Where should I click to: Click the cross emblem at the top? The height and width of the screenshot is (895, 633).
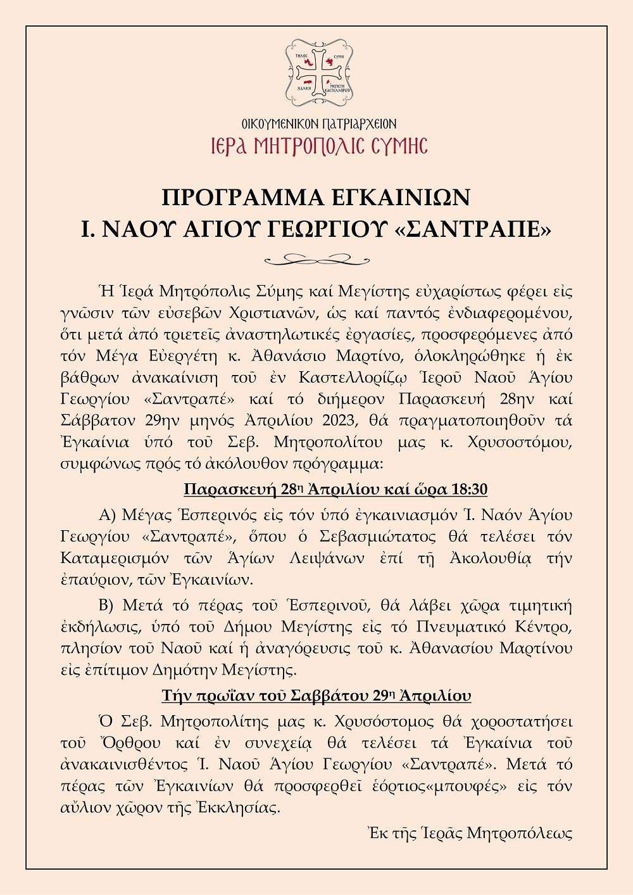click(x=318, y=72)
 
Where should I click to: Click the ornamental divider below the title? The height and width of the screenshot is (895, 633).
click(x=316, y=259)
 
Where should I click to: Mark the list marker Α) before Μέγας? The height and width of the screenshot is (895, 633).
click(x=108, y=515)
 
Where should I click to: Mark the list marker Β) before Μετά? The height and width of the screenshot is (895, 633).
click(x=107, y=606)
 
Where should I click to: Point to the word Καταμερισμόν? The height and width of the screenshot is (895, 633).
click(x=115, y=558)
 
